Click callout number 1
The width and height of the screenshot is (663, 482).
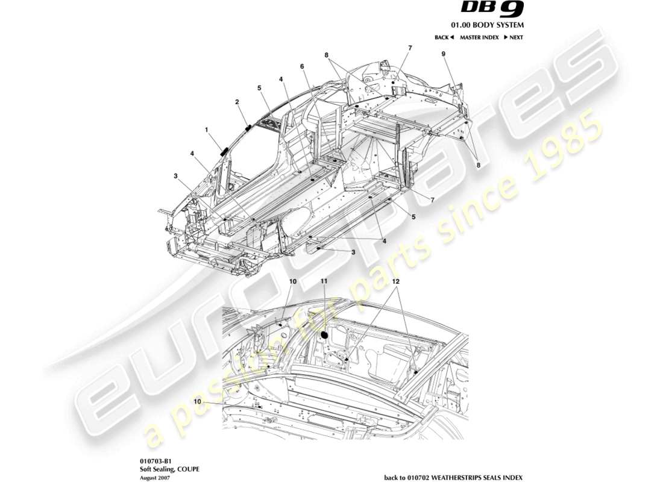(x=206, y=129)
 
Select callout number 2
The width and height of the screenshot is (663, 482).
(x=237, y=102)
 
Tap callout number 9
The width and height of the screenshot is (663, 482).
(x=444, y=54)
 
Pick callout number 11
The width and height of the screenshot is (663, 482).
(x=324, y=281)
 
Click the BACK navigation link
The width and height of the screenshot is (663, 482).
(x=444, y=37)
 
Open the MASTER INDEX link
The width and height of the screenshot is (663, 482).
(x=479, y=37)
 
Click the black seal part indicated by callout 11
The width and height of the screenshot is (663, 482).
(x=324, y=333)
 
